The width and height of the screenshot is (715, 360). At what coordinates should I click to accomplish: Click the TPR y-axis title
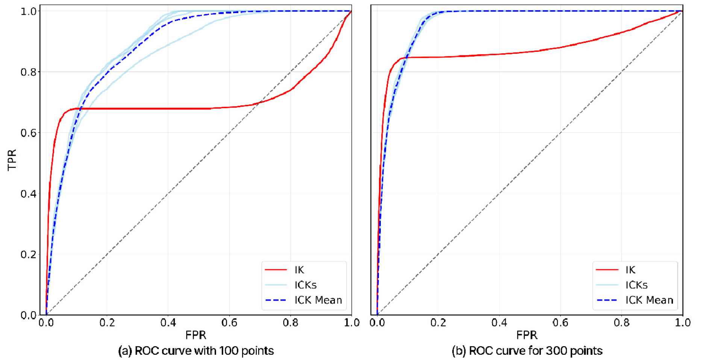[x=12, y=160]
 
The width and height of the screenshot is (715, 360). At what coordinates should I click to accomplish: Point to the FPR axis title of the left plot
[x=195, y=335]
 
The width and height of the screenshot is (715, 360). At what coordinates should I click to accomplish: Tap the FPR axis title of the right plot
[x=527, y=335]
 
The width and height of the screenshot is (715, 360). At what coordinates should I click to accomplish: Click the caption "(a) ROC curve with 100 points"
[x=196, y=351]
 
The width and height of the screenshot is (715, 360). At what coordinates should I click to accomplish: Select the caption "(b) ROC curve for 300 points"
[x=527, y=351]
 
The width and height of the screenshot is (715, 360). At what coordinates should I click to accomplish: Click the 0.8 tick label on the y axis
[x=28, y=72]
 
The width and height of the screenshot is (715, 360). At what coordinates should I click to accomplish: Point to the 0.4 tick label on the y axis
[x=28, y=194]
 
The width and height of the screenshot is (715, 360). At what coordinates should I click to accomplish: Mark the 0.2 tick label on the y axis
[x=28, y=254]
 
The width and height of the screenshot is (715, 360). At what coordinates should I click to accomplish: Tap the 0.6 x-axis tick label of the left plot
[x=229, y=323]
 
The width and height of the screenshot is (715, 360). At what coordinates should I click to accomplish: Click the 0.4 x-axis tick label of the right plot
[x=499, y=323]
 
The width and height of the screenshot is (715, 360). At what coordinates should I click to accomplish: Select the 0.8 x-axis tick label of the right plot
[x=621, y=323]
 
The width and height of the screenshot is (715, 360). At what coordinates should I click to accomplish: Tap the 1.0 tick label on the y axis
[x=28, y=11]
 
